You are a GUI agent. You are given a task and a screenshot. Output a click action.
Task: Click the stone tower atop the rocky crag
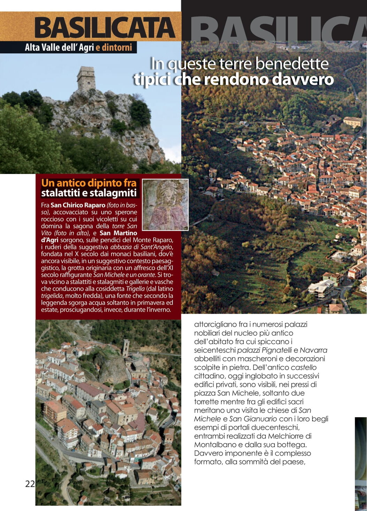(86, 78)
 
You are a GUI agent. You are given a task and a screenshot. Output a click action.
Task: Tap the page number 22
(30, 483)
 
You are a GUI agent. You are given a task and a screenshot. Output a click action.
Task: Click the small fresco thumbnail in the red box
(165, 205)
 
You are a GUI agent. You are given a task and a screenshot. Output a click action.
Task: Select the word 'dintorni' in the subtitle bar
(117, 47)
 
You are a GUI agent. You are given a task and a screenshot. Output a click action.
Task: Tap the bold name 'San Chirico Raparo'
(78, 205)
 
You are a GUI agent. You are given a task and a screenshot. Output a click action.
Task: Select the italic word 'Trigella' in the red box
(135, 289)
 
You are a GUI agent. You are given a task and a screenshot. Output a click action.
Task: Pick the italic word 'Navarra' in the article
(313, 350)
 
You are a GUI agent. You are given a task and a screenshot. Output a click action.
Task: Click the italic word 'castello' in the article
(304, 367)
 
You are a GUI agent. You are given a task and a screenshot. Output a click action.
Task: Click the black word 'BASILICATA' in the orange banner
(104, 28)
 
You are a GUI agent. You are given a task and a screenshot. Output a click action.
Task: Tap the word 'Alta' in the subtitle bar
(32, 47)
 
